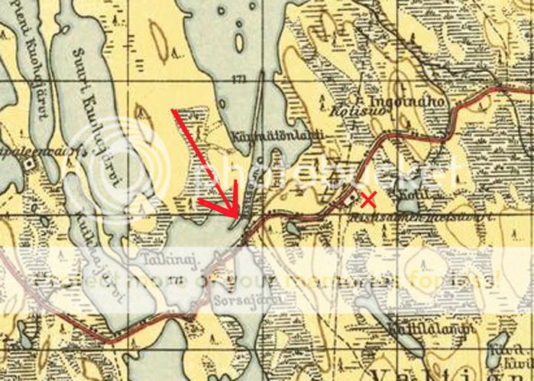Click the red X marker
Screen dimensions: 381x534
coord(367,200)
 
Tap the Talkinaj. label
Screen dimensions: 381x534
coord(170,260)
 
